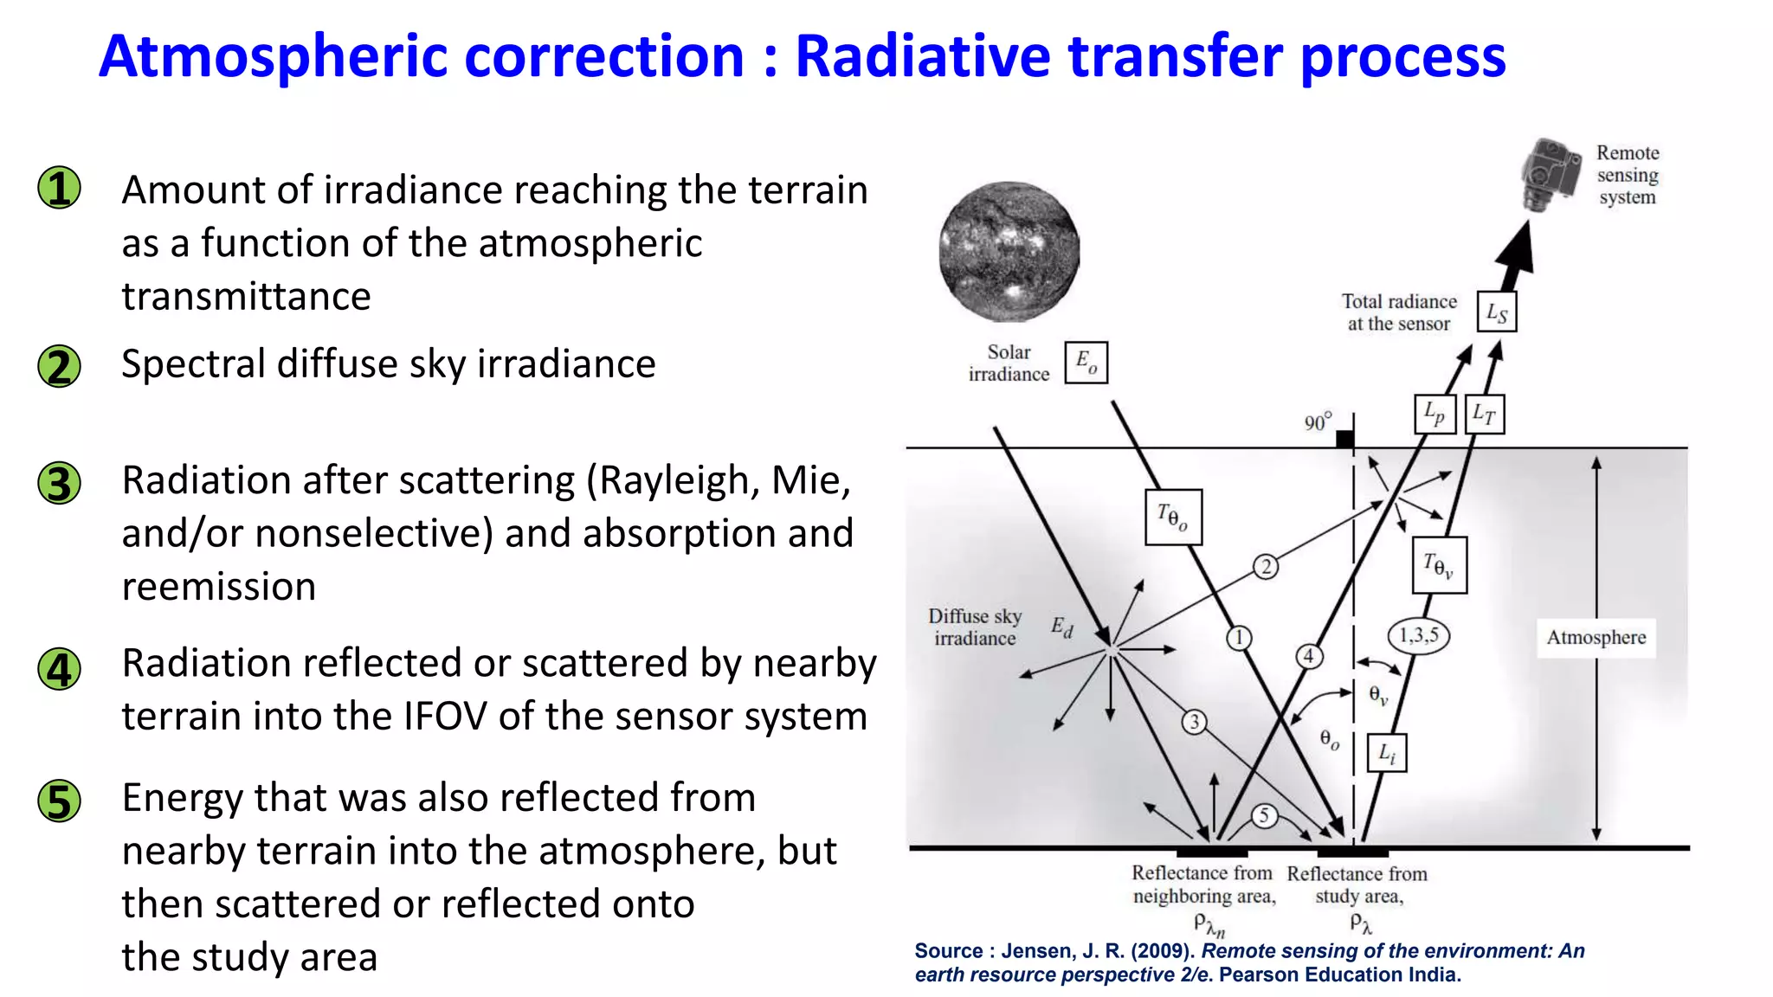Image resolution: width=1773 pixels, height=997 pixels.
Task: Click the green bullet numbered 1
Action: [x=59, y=188]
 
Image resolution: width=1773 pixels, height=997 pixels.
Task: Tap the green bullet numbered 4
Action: [x=59, y=669]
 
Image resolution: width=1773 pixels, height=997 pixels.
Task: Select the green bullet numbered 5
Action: [x=59, y=801]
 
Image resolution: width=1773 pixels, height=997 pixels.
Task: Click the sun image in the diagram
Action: [x=1009, y=251]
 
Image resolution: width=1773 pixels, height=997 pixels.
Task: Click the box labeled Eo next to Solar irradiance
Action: [x=1086, y=362]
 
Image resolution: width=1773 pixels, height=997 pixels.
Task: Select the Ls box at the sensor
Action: [x=1497, y=312]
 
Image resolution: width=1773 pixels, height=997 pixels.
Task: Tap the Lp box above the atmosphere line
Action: [x=1435, y=415]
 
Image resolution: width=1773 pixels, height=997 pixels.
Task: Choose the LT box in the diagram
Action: [x=1485, y=415]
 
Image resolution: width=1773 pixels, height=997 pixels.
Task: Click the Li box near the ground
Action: [x=1387, y=753]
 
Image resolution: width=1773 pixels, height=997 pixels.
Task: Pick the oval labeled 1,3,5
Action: [x=1418, y=635]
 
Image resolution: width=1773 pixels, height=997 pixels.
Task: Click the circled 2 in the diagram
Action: [x=1266, y=567]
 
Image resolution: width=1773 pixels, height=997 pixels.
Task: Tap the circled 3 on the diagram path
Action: [x=1194, y=722]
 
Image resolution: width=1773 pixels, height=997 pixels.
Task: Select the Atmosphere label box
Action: [x=1596, y=638]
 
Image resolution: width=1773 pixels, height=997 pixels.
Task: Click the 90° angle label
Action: [x=1318, y=421]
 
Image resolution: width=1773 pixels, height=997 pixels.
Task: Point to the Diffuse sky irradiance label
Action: [x=975, y=627]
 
